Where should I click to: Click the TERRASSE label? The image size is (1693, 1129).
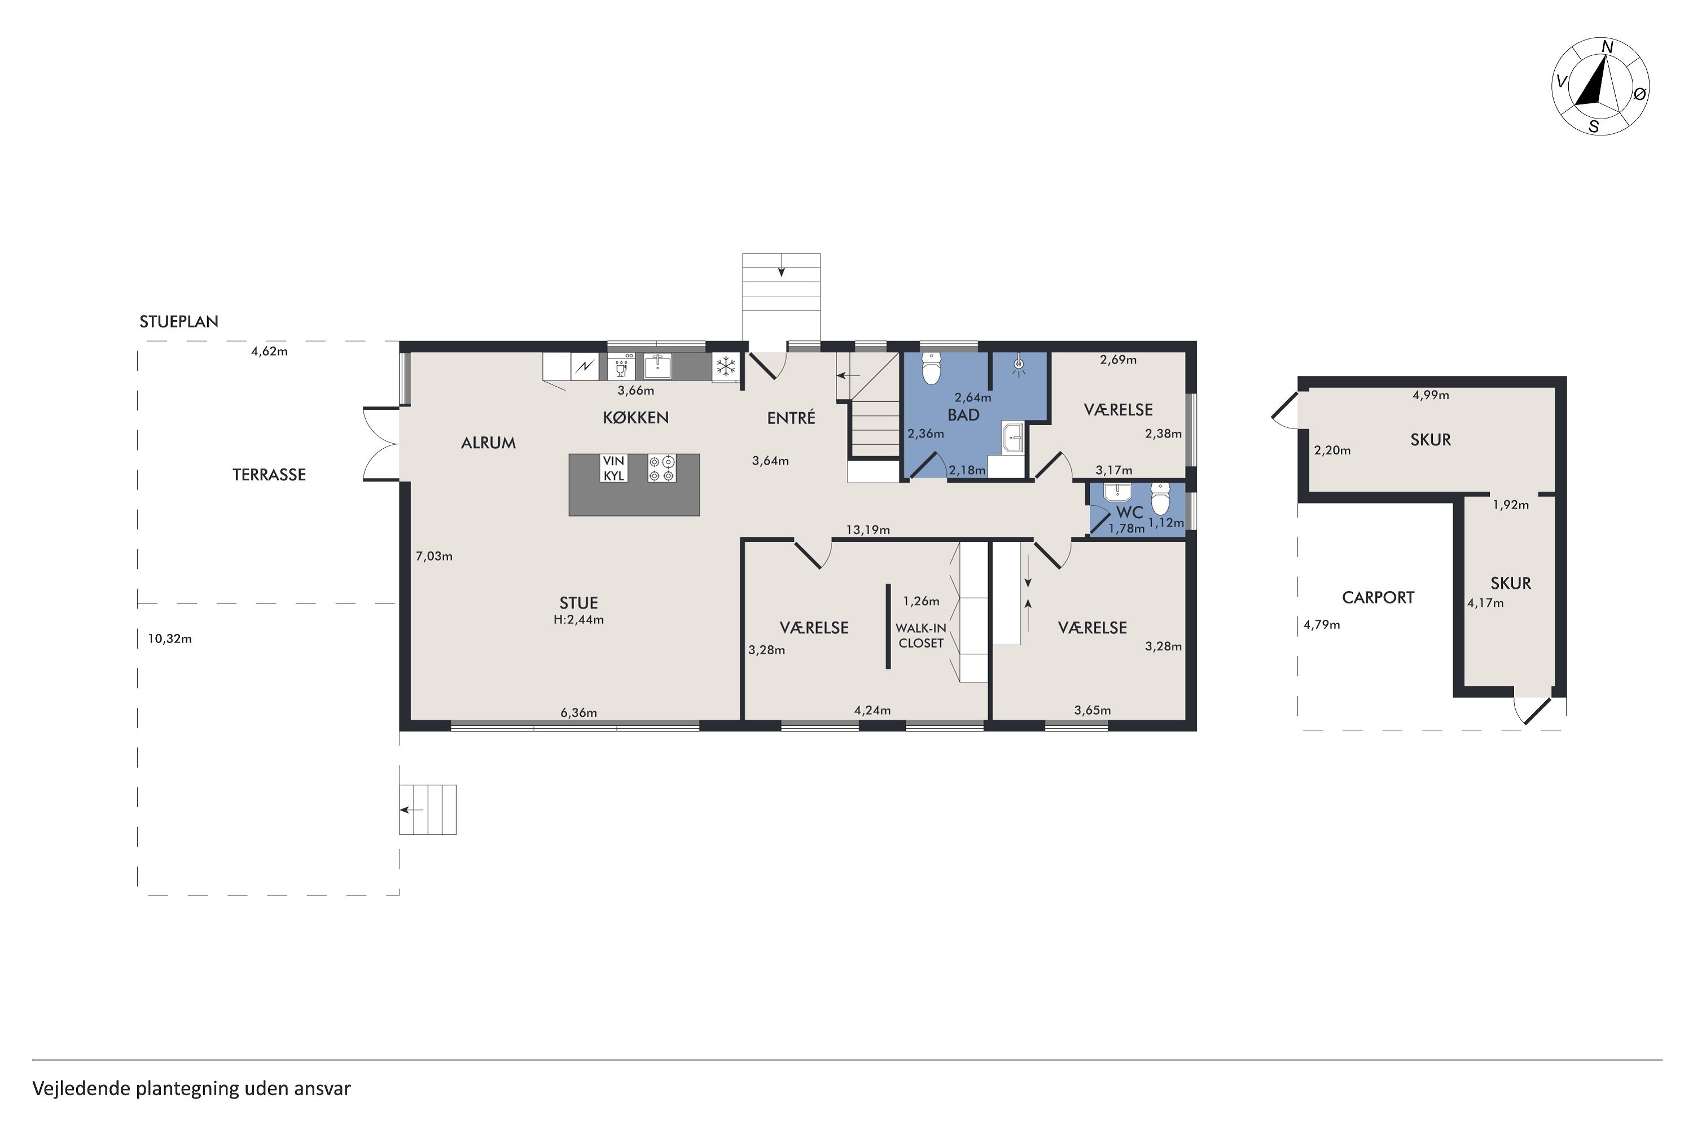(x=269, y=475)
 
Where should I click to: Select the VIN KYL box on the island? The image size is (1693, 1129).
(x=614, y=468)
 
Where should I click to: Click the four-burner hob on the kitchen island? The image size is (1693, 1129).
(x=662, y=468)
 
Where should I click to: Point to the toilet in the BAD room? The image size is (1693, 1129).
(x=932, y=368)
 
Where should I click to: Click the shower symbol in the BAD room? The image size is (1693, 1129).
(x=1019, y=366)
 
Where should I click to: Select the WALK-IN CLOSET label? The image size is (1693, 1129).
(x=920, y=636)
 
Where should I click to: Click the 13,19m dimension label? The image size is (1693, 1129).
(x=868, y=530)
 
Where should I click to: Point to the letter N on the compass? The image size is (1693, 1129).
(x=1607, y=47)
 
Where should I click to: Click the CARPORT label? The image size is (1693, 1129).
(x=1378, y=598)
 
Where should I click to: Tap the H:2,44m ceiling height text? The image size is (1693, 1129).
(x=579, y=619)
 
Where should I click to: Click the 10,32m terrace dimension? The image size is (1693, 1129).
(x=170, y=638)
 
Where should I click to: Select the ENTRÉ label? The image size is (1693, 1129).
(x=791, y=418)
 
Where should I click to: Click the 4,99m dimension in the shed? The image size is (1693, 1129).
(x=1431, y=395)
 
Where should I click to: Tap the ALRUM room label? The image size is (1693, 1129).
(x=488, y=443)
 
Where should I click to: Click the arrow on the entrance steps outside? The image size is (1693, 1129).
(x=781, y=271)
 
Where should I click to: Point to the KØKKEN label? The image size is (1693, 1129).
(x=635, y=418)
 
